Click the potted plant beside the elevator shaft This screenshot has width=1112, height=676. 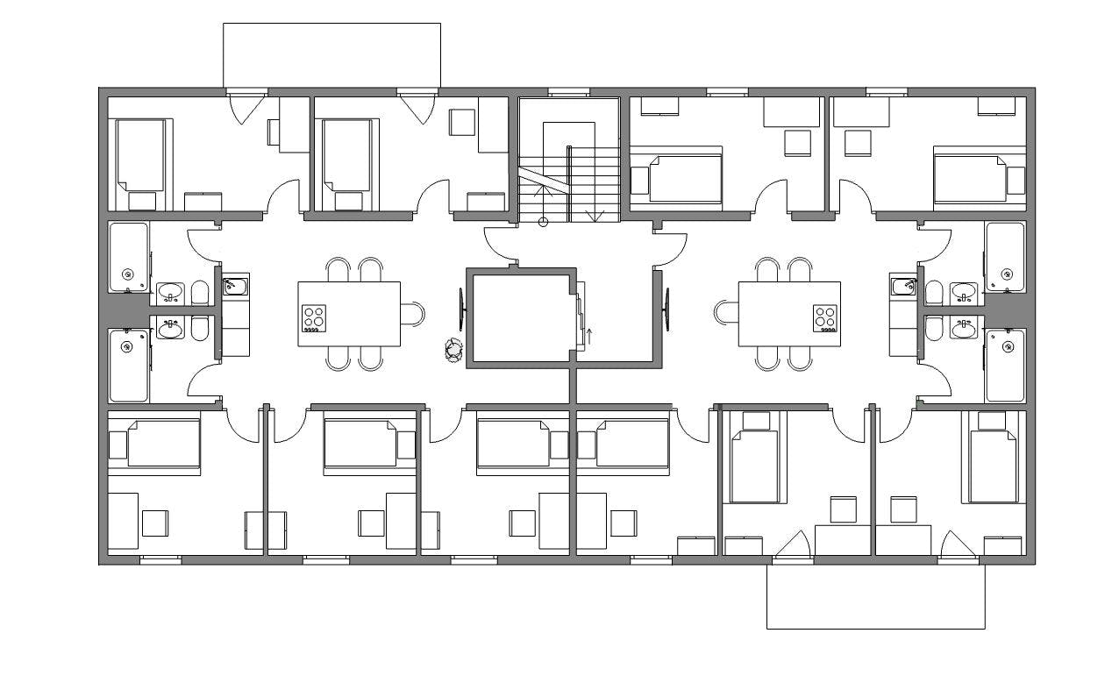[453, 351]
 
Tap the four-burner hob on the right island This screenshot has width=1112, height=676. [825, 317]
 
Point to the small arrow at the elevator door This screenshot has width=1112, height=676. [588, 333]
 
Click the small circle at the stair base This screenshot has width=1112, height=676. [543, 222]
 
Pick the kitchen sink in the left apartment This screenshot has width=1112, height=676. [235, 286]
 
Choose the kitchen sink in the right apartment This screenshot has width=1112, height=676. [903, 286]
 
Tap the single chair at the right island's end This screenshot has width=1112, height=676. [726, 313]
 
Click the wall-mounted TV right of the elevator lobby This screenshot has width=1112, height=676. [668, 309]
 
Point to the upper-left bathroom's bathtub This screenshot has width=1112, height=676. [129, 257]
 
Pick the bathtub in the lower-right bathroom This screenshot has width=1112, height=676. [1004, 365]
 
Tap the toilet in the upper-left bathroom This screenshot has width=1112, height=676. [199, 292]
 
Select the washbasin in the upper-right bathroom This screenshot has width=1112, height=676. [964, 291]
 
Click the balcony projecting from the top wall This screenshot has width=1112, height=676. [331, 54]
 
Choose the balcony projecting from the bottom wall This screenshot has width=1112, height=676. [875, 596]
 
